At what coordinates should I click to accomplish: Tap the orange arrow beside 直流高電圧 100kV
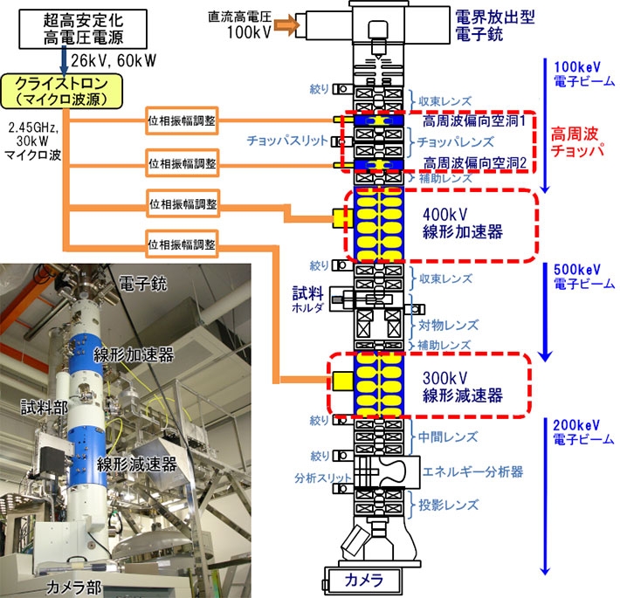tap(288, 26)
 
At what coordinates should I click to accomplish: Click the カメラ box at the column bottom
tap(360, 580)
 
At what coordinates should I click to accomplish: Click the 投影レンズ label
tap(449, 505)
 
